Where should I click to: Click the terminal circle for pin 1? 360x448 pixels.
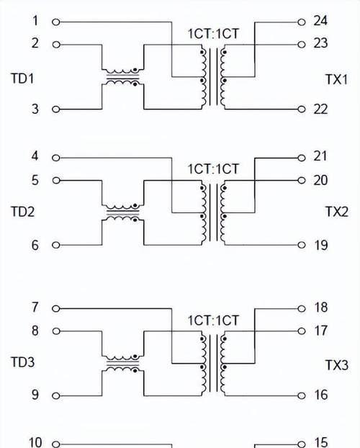[56, 22]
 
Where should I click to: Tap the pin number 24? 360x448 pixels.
[320, 21]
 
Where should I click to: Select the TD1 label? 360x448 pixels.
[22, 79]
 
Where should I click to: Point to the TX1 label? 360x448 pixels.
[336, 79]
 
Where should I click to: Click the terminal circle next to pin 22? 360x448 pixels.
[302, 109]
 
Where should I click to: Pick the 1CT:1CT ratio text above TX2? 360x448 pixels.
[213, 169]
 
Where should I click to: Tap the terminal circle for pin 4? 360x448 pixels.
[56, 158]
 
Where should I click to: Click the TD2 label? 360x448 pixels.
[22, 212]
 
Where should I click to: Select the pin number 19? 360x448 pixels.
[320, 245]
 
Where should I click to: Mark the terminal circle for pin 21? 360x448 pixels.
[302, 158]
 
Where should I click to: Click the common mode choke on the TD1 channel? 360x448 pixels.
[123, 77]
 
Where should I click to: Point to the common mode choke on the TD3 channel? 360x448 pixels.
[123, 364]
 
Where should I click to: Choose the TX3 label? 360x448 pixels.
[337, 365]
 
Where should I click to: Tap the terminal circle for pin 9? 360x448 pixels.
[56, 395]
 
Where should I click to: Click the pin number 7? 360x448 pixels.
[35, 308]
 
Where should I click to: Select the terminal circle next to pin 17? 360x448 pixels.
[302, 331]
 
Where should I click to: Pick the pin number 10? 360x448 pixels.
[35, 442]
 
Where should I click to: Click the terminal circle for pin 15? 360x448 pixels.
[302, 444]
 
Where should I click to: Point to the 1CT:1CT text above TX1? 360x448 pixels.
[213, 34]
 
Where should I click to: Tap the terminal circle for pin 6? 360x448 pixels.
[56, 245]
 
